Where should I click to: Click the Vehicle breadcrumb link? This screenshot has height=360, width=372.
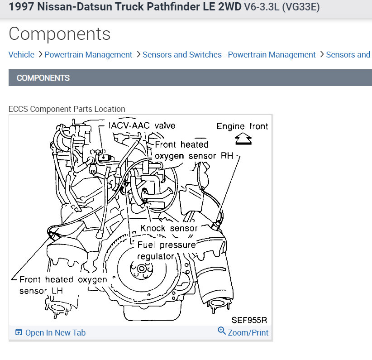click(21, 55)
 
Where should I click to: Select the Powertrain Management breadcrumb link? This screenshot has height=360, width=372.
click(88, 55)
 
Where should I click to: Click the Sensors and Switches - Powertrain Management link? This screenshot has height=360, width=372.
click(229, 55)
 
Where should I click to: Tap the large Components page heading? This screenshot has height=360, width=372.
click(59, 34)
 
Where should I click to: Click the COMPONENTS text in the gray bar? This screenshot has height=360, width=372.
click(43, 78)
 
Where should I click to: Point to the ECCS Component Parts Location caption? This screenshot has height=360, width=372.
click(67, 109)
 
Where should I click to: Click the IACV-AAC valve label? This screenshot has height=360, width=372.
click(142, 125)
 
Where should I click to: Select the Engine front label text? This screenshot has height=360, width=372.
click(242, 126)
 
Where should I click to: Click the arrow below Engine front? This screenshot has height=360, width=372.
click(243, 139)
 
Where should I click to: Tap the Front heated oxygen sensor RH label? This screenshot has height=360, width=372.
click(194, 150)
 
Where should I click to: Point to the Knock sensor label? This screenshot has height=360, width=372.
click(169, 228)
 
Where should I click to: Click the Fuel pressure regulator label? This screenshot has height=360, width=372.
click(167, 250)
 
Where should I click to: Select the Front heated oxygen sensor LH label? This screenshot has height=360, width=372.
click(63, 285)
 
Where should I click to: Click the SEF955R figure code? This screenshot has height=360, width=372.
click(249, 320)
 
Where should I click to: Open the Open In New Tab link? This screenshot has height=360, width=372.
click(55, 333)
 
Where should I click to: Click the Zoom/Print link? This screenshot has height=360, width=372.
click(248, 333)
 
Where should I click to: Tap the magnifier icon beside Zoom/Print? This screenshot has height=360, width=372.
click(222, 331)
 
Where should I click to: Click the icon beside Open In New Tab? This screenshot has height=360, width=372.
click(19, 333)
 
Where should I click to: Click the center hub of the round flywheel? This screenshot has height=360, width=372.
click(142, 269)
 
